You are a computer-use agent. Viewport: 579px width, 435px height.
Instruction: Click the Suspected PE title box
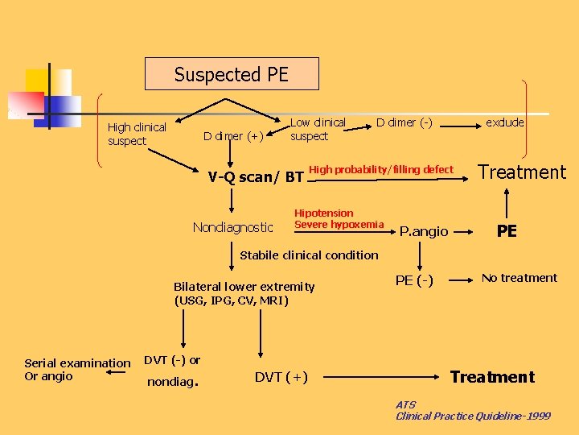231,74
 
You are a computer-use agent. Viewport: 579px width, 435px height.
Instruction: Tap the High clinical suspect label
137,134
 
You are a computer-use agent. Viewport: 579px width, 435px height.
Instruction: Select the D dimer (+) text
233,135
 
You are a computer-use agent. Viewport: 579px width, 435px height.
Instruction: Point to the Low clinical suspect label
318,129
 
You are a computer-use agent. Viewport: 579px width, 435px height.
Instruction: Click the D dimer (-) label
404,122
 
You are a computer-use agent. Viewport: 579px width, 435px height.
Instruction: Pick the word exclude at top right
504,122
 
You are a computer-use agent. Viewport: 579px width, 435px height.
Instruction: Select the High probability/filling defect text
381,170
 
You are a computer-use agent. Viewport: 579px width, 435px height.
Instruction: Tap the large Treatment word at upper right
522,172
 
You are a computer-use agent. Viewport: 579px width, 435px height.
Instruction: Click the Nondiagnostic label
233,228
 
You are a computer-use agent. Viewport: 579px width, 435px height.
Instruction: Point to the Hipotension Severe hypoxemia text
339,218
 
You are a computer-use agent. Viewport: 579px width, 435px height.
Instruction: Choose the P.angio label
424,231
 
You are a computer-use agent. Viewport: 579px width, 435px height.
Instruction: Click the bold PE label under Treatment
507,231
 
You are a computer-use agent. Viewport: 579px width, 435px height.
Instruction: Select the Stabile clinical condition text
309,255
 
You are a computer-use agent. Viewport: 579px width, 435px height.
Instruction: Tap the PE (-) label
414,280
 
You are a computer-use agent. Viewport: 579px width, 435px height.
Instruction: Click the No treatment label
519,278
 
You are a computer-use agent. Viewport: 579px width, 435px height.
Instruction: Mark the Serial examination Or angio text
77,370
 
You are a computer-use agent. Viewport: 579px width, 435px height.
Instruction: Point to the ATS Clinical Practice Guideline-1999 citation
472,410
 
